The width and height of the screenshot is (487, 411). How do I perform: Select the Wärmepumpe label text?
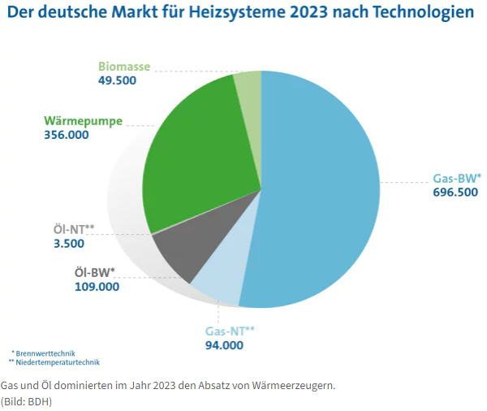(84, 121)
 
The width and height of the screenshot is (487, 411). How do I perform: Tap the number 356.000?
(67, 135)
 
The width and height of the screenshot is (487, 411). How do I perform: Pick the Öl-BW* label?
(90, 272)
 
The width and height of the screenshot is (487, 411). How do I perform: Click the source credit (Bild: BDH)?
(28, 401)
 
